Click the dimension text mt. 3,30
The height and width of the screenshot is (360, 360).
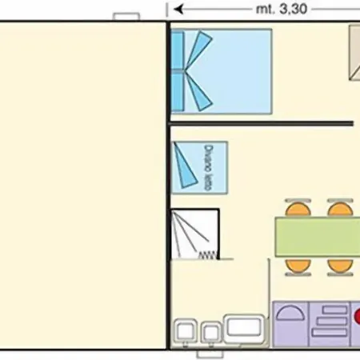pos(282,10)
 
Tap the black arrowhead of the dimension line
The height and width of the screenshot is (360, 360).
pos(178,10)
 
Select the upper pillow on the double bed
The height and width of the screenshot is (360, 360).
pos(178,50)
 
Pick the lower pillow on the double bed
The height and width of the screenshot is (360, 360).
pos(178,92)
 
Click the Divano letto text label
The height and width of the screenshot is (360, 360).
pos(209,168)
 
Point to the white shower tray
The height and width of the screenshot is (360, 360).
pos(195,234)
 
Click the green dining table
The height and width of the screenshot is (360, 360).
pos(318,237)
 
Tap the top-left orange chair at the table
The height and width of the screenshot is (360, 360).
pos(298,208)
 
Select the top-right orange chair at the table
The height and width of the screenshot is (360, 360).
pos(341,208)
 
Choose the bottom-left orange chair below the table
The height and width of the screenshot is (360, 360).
pos(298,266)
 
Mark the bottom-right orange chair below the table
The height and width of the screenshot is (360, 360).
pos(341,266)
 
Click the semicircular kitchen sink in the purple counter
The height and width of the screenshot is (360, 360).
pos(290,313)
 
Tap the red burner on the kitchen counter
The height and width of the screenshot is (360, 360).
pos(357,316)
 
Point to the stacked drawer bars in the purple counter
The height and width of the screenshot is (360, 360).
pos(330,321)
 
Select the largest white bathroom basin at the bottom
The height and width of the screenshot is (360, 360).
pos(244,329)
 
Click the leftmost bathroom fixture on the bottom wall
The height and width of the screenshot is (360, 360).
pos(186,332)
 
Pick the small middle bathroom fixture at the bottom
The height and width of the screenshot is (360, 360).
pos(211,333)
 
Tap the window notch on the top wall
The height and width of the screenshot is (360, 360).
pos(126,17)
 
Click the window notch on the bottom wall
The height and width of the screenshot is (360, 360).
pos(210,354)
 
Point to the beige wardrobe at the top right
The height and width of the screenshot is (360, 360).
pos(354,53)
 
